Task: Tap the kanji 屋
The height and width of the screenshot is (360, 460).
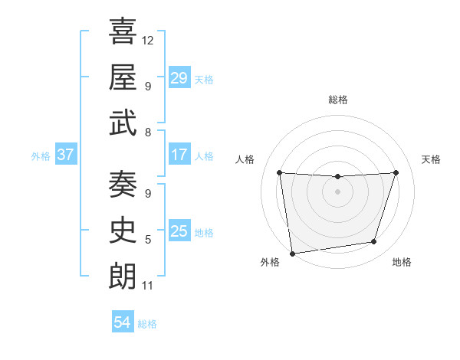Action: [123, 77]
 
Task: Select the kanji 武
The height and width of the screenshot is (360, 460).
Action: [123, 123]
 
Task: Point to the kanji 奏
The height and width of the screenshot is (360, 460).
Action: [123, 184]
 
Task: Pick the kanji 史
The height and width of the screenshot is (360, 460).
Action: [123, 230]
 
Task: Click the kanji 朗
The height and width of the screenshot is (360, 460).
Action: [123, 276]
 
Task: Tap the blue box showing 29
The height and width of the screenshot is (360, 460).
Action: [179, 78]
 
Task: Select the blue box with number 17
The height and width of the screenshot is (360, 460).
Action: [179, 155]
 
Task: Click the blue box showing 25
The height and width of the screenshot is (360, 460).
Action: [179, 231]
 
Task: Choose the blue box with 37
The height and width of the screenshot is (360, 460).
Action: [65, 155]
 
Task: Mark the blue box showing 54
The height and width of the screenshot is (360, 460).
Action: [122, 322]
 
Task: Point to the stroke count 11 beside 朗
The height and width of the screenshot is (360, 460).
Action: [147, 286]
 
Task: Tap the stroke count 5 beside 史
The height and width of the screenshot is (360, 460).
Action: [148, 240]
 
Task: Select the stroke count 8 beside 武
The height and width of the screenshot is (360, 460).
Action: [148, 133]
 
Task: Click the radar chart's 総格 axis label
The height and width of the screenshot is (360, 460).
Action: [337, 100]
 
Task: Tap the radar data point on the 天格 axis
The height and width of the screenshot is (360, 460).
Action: [396, 172]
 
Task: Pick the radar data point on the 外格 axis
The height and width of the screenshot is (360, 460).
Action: [291, 253]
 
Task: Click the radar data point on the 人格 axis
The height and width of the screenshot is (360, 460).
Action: [279, 172]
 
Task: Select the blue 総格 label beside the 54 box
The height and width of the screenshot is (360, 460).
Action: [147, 324]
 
